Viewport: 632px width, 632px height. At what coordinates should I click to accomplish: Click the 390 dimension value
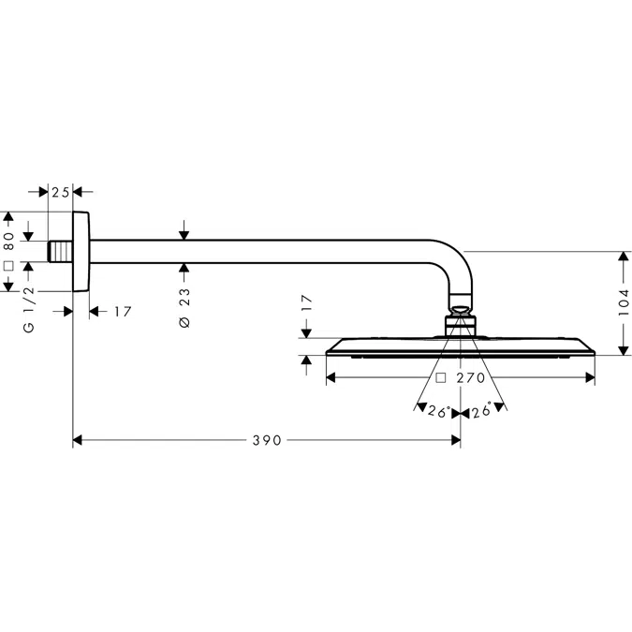(x=267, y=440)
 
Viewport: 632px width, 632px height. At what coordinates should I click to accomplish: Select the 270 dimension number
(x=472, y=379)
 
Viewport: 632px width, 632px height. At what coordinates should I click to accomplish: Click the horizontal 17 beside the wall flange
(x=122, y=311)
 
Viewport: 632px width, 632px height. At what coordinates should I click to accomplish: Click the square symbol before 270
(x=440, y=379)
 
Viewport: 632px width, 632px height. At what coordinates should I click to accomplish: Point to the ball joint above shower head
(x=460, y=313)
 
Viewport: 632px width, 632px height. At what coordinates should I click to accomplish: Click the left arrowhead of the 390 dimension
(x=79, y=440)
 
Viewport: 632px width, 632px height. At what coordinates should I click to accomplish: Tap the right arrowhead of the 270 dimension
(x=590, y=379)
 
